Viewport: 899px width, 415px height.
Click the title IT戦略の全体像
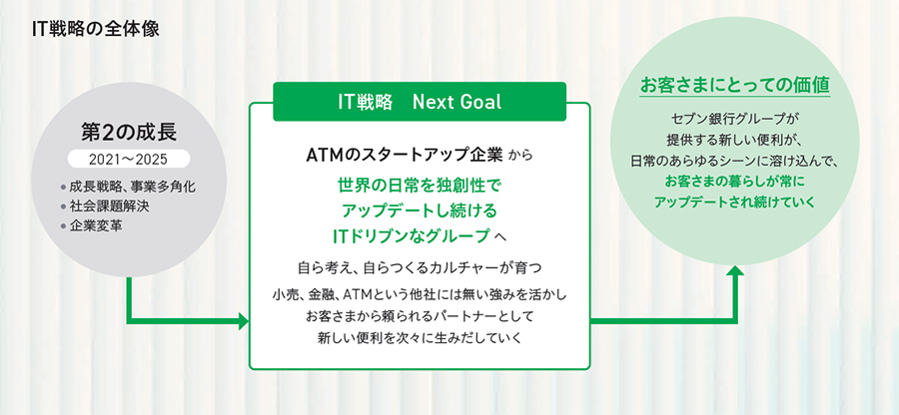[x=96, y=30]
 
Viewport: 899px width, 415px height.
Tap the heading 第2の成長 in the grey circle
[x=129, y=133]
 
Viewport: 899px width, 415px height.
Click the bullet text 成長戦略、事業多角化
[x=136, y=188]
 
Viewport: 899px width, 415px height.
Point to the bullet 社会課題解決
[x=110, y=207]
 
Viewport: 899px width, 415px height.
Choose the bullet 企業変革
[x=96, y=226]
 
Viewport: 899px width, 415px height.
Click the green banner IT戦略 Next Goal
[x=420, y=102]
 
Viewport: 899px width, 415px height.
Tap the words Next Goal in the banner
[x=456, y=102]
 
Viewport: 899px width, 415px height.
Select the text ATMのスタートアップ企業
[x=405, y=155]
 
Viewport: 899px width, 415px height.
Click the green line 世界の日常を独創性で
[x=420, y=186]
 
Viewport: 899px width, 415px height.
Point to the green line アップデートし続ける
[x=420, y=210]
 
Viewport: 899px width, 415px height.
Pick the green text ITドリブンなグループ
[x=412, y=235]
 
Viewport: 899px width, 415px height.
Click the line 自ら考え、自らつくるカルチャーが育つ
[x=420, y=266]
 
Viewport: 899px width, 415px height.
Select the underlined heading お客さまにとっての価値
[x=735, y=86]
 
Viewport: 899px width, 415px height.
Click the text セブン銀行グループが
[x=735, y=119]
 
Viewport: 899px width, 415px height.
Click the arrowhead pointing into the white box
[x=244, y=321]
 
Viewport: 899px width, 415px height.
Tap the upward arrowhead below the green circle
[x=735, y=271]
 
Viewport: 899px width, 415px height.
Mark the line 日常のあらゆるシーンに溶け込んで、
[x=735, y=162]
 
